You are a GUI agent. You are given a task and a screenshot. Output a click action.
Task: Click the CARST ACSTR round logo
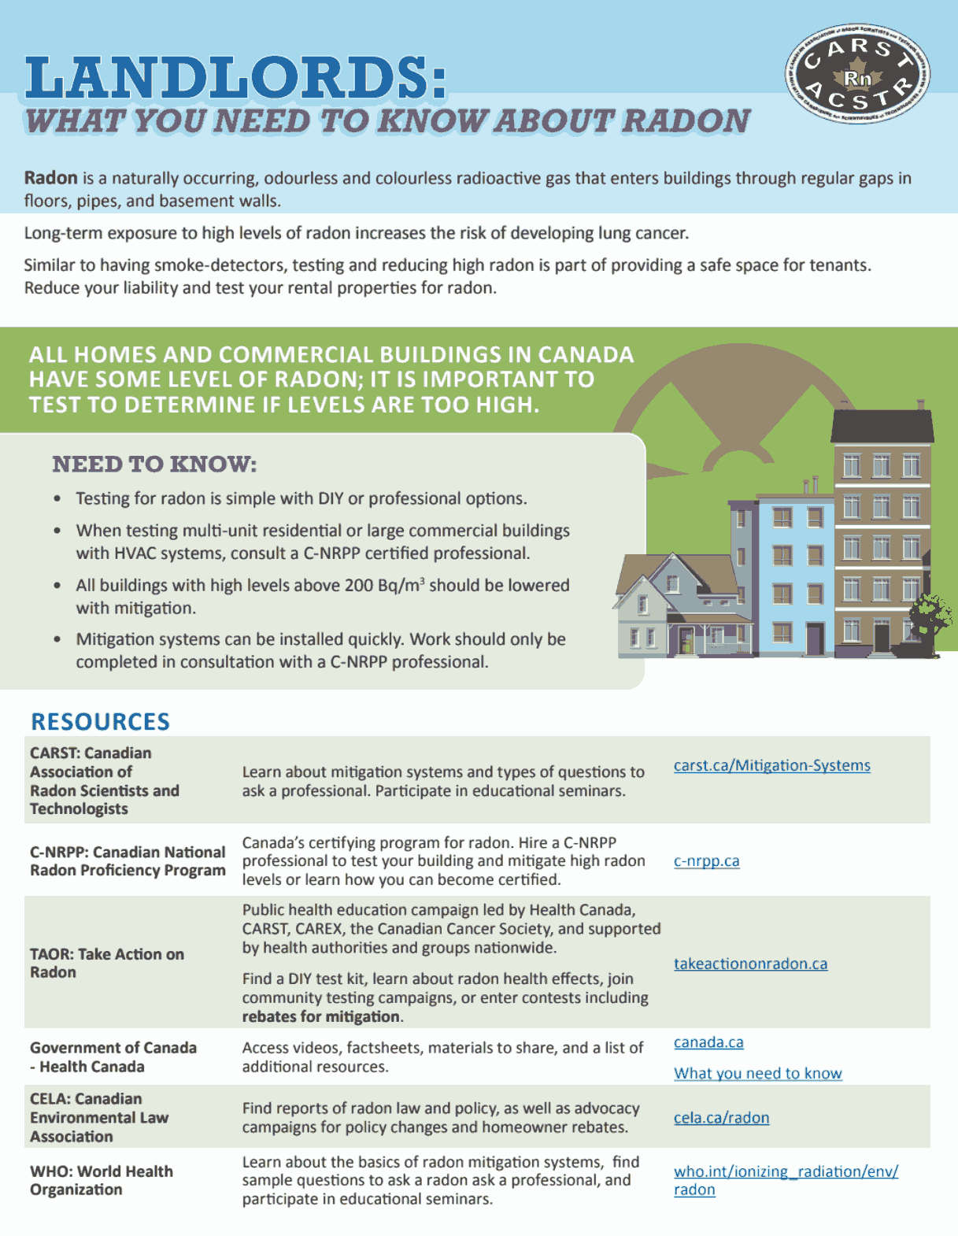[x=857, y=75]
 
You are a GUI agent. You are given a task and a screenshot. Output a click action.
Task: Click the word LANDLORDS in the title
[x=235, y=79]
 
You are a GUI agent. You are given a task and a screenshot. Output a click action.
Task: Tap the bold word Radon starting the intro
[x=50, y=178]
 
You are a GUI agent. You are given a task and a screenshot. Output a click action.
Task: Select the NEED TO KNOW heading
[x=154, y=464]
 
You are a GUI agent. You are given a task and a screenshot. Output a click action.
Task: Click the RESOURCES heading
[x=100, y=721]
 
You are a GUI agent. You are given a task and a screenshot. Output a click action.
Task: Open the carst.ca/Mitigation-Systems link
[x=771, y=765]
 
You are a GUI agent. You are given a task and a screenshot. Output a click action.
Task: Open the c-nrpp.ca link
[x=706, y=860]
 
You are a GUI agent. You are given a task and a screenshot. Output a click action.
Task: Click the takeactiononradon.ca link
[x=750, y=964]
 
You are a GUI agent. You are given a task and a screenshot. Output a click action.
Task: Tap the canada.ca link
[x=708, y=1042]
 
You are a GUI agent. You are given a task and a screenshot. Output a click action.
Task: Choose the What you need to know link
[x=757, y=1073]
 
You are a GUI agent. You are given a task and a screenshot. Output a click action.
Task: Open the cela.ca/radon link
[x=721, y=1118]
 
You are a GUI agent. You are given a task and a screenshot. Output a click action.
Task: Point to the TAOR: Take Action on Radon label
[x=106, y=963]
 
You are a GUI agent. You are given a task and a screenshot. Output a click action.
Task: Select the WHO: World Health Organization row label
[x=101, y=1180]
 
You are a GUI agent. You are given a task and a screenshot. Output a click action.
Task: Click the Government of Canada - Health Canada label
[x=113, y=1057]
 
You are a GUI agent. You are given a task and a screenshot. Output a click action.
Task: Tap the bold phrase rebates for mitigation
[x=322, y=1016]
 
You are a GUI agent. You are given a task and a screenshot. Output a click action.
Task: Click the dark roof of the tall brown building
[x=882, y=427]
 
